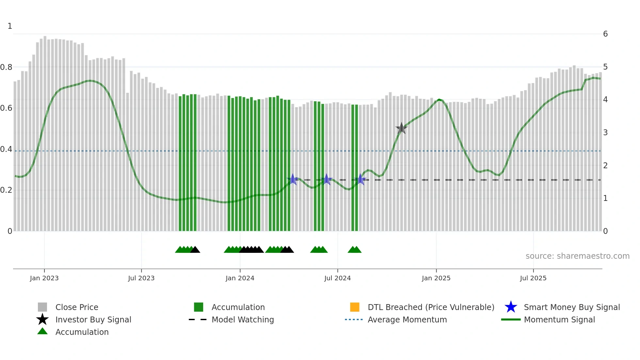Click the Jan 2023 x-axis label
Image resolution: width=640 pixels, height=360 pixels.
pos(44,278)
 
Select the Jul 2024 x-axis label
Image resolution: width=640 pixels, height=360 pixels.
pos(337,278)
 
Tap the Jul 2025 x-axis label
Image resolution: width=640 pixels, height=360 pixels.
pos(533,278)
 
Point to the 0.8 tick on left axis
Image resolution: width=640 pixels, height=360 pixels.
pos(6,67)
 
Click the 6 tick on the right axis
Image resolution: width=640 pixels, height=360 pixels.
pos(605,34)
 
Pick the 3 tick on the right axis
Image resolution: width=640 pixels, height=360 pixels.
pos(605,133)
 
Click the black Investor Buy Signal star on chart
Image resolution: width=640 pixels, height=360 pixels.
pos(401,128)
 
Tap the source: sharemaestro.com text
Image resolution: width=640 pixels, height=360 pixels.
pos(577,256)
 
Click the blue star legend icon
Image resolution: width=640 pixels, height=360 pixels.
pos(511,307)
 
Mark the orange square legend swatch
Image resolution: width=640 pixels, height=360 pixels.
pos(355,307)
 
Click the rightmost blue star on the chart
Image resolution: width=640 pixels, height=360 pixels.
pos(360,179)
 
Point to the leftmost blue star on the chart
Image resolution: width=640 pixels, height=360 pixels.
pos(293,179)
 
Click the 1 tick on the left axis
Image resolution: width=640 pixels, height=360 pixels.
pos(10,26)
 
